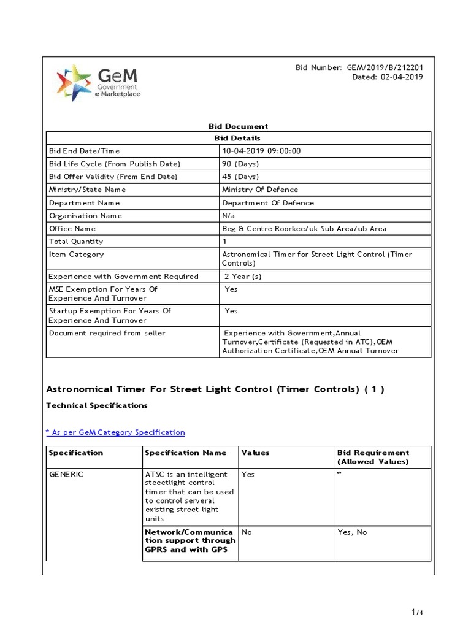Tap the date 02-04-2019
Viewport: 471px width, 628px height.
(402, 77)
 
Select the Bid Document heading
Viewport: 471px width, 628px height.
(239, 126)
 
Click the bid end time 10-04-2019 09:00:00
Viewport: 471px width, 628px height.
(261, 151)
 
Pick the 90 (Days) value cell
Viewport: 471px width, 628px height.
(240, 164)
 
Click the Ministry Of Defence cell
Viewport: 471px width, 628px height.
(260, 190)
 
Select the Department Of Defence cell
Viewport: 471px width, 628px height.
(267, 203)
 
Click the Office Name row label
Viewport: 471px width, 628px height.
(72, 229)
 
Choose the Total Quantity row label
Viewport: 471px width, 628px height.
(76, 242)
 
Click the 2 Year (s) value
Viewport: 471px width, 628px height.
(243, 277)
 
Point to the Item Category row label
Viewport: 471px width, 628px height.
(76, 255)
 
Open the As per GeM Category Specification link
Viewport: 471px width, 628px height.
(116, 432)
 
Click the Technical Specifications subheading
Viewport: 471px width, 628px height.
(97, 405)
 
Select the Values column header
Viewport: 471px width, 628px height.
(255, 453)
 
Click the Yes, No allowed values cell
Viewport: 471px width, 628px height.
(352, 532)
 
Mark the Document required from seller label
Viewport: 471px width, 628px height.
(107, 333)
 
